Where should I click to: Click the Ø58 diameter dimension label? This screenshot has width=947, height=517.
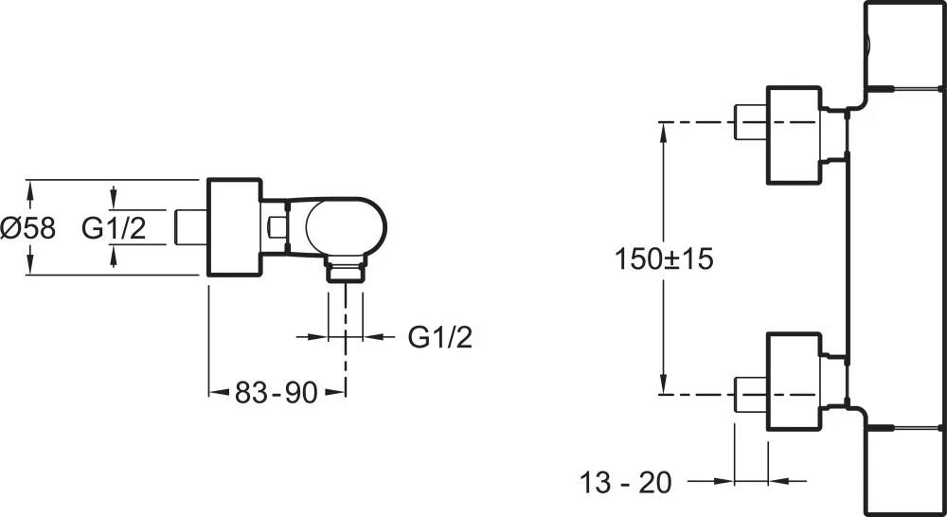pyautogui.click(x=28, y=228)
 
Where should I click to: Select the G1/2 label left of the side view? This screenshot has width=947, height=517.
pyautogui.click(x=114, y=228)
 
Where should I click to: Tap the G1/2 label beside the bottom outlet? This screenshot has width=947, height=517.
pyautogui.click(x=440, y=336)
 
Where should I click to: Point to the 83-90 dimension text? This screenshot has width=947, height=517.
pyautogui.click(x=276, y=391)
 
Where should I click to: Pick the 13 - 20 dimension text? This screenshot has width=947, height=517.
pyautogui.click(x=626, y=482)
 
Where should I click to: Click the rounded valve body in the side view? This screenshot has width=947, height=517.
pyautogui.click(x=345, y=228)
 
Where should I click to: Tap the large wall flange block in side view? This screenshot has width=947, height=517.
pyautogui.click(x=234, y=227)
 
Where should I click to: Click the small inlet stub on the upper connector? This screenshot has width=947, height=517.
pyautogui.click(x=750, y=122)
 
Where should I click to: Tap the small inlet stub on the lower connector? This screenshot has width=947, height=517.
pyautogui.click(x=750, y=393)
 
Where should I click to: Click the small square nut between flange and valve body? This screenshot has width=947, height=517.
pyautogui.click(x=277, y=226)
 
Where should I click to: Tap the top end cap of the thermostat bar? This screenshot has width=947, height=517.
pyautogui.click(x=904, y=43)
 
